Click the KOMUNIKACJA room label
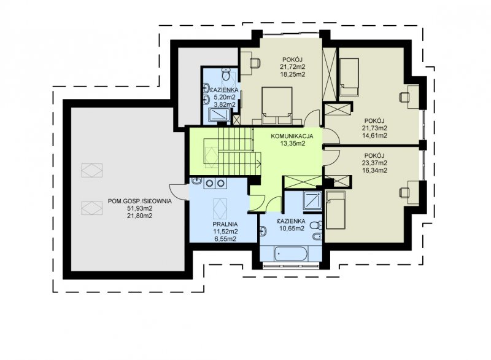(292, 136)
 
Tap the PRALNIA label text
(225, 224)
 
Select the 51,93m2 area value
(140, 208)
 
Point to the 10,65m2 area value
(292, 229)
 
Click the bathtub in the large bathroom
(290, 254)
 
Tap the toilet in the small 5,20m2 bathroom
(225, 74)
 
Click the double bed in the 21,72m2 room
(277, 106)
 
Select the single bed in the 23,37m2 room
(335, 210)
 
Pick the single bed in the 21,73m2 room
(349, 77)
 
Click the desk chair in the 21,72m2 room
(255, 63)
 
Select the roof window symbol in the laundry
(220, 209)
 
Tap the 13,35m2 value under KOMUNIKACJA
(293, 144)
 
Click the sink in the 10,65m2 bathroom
(263, 231)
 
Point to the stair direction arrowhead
(259, 163)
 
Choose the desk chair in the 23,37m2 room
(404, 192)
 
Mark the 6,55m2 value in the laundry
(225, 239)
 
